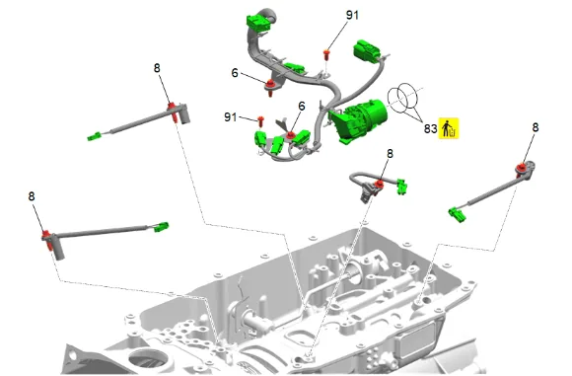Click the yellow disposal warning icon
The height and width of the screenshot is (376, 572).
click(449, 128)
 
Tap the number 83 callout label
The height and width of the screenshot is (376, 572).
click(430, 128)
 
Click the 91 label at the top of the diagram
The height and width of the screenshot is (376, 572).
click(352, 15)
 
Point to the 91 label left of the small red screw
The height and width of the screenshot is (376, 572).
click(230, 117)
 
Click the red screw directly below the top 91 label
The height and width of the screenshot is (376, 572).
click(326, 56)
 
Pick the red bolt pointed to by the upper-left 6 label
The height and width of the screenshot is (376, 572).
click(270, 87)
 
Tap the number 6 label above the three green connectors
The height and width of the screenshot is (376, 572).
click(302, 107)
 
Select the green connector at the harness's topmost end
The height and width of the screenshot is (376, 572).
click(258, 22)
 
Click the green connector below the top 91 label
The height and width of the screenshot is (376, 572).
click(366, 51)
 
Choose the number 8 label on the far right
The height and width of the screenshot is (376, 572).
click(536, 127)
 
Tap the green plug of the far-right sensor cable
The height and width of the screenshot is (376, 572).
click(457, 214)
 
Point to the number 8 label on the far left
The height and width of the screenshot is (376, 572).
click(32, 196)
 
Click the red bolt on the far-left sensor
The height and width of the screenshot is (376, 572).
click(47, 240)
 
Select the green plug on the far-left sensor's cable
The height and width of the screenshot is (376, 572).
click(161, 227)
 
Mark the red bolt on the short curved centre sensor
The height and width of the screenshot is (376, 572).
click(380, 185)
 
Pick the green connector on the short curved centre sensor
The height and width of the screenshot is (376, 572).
click(401, 187)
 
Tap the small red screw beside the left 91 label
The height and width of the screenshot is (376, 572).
click(260, 121)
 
